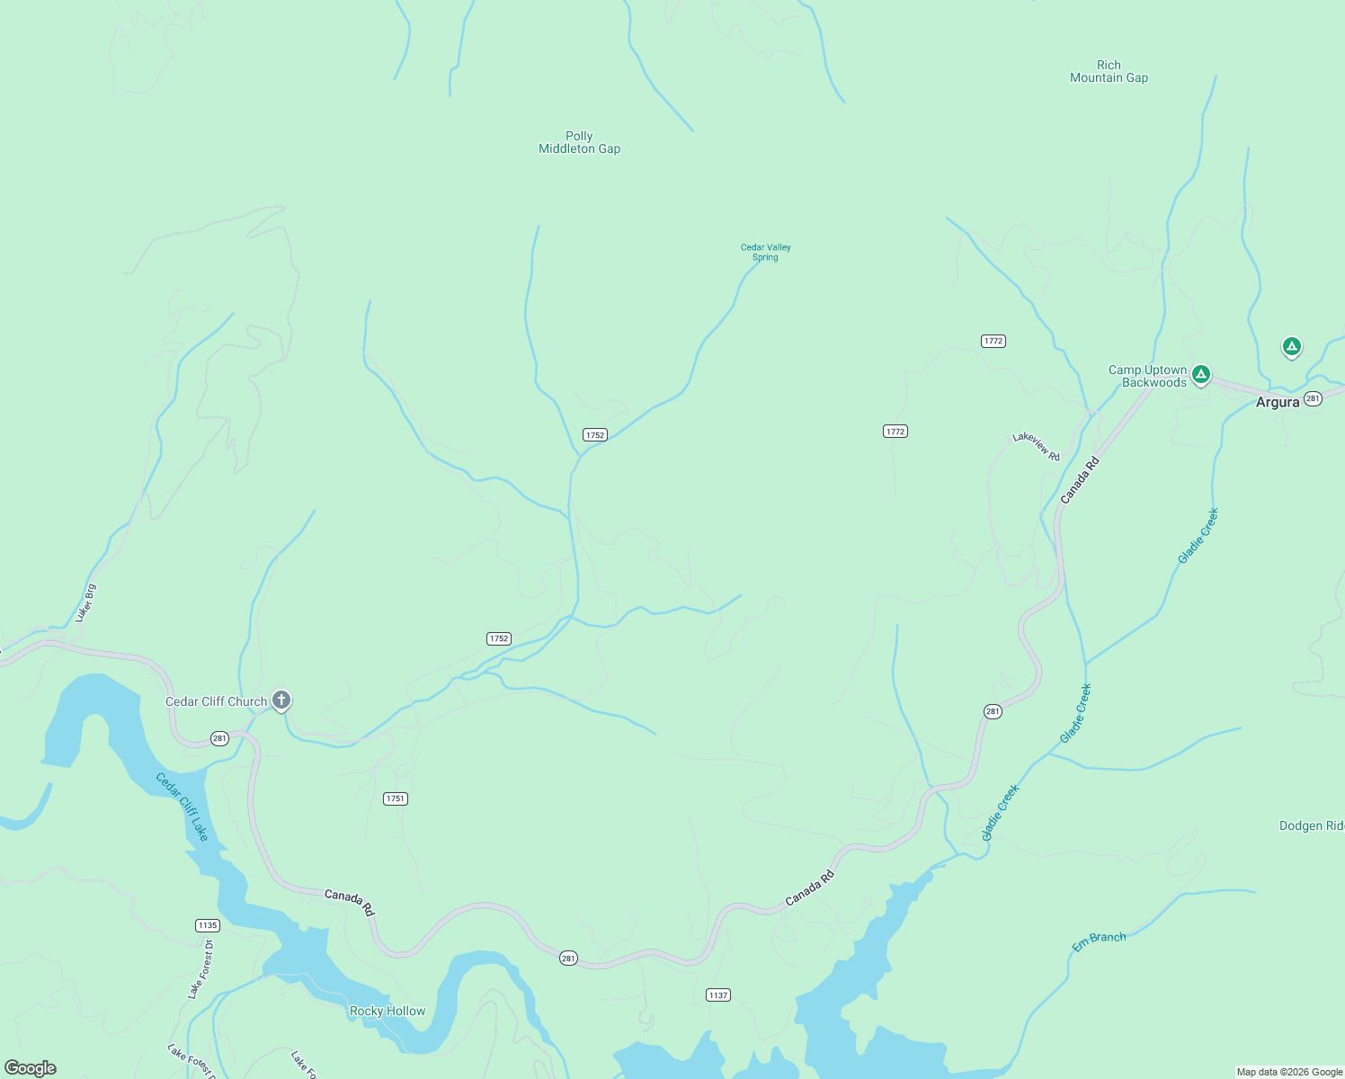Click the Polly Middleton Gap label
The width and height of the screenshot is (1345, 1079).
click(579, 142)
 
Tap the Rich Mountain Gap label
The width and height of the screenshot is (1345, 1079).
click(1109, 71)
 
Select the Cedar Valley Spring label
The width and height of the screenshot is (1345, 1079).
click(765, 252)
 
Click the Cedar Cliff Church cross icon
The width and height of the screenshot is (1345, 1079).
click(281, 700)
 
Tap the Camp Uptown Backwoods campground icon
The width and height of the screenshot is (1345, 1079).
click(1200, 373)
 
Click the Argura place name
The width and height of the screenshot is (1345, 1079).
click(1277, 402)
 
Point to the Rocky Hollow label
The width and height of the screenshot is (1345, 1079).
click(387, 1011)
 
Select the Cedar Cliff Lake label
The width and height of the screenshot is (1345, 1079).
click(183, 807)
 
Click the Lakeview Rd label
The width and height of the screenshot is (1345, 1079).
click(1036, 446)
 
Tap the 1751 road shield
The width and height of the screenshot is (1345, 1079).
click(396, 798)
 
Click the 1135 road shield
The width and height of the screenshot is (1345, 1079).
click(208, 925)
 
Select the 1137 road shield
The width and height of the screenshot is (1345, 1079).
click(718, 994)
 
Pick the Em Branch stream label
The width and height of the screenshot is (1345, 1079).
click(1099, 941)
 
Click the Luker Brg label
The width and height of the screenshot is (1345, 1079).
click(86, 602)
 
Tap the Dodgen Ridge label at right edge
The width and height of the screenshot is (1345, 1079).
click(1311, 825)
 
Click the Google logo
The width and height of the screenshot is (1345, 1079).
click(31, 1067)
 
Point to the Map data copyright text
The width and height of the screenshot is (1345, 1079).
click(1288, 1072)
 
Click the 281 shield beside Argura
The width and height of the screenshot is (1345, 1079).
click(1313, 398)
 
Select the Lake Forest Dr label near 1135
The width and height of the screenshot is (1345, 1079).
click(200, 969)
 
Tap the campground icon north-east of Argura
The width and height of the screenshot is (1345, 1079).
click(1291, 346)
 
